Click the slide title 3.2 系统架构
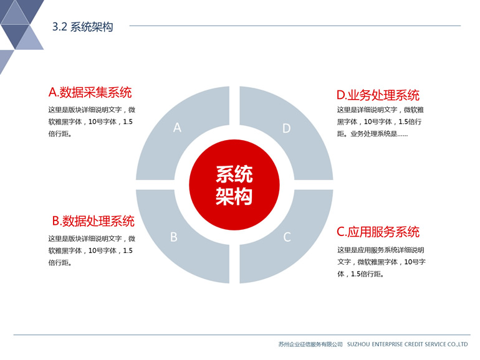(83, 27)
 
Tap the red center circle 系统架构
(234, 185)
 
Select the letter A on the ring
(177, 128)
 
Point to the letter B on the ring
(173, 237)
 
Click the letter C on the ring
(287, 237)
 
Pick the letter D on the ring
(286, 128)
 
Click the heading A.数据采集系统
(90, 92)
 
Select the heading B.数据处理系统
(94, 221)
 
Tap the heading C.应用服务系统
(378, 232)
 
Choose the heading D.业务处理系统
(378, 95)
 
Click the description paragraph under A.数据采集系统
(92, 121)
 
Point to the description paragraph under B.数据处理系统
(92, 250)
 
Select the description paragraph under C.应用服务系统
(382, 262)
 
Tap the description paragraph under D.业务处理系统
(380, 121)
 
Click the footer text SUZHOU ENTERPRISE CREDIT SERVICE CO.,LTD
(407, 344)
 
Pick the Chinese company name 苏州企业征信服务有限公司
(310, 344)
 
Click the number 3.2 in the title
(59, 27)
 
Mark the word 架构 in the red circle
(234, 196)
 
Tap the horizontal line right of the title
(295, 26)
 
